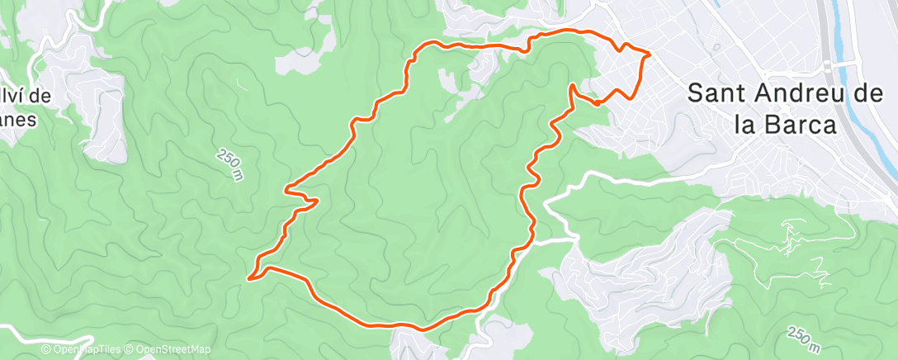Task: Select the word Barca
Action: [x=800, y=125]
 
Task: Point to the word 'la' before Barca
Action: [x=744, y=125]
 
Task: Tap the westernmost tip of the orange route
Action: [x=248, y=278]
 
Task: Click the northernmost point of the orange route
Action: [x=570, y=30]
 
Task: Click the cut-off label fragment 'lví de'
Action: [x=25, y=96]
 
